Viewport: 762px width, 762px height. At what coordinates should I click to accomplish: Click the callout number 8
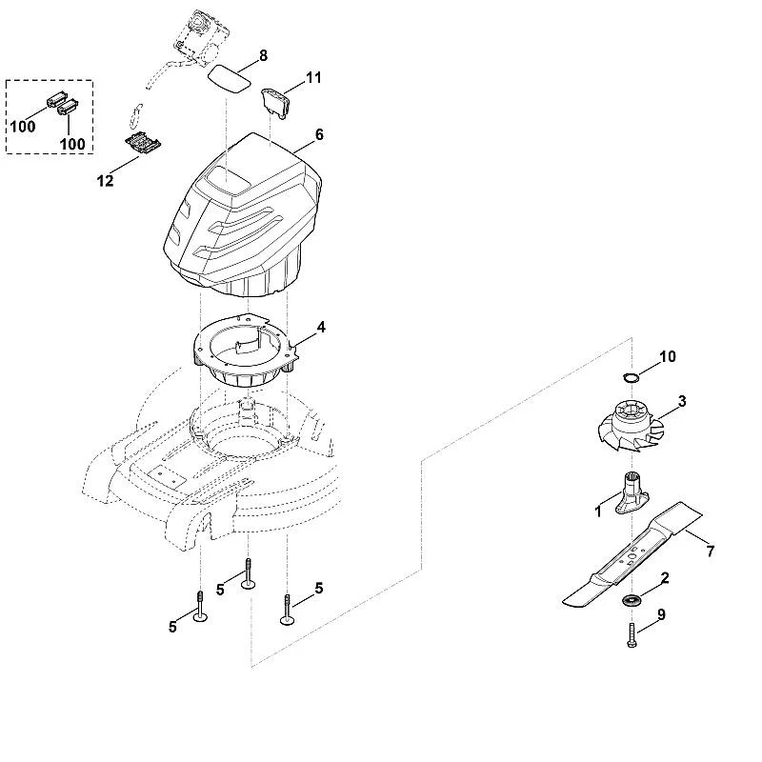point(263,56)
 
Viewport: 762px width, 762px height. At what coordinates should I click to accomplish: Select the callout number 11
point(313,78)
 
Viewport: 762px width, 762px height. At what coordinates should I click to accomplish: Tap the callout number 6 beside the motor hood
point(319,134)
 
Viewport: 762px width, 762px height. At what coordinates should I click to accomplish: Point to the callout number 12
point(106,181)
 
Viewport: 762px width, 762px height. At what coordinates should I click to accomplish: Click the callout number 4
point(321,327)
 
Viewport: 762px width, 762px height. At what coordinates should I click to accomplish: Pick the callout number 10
point(668,356)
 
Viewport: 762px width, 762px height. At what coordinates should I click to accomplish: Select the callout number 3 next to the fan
point(682,401)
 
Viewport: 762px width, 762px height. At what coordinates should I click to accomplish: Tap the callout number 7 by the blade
point(711,551)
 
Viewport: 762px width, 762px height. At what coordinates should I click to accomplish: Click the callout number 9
point(661,614)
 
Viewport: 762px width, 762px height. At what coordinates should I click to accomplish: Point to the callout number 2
point(665,578)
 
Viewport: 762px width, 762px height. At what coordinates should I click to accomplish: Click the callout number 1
point(598,511)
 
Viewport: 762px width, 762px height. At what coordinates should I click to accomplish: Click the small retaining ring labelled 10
point(631,377)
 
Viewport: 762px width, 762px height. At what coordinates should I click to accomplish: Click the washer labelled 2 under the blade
point(632,600)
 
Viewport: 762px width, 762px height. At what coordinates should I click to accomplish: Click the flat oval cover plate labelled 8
point(230,78)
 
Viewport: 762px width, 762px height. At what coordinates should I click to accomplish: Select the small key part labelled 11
point(275,102)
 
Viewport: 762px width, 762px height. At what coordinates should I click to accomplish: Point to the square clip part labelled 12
point(143,145)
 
